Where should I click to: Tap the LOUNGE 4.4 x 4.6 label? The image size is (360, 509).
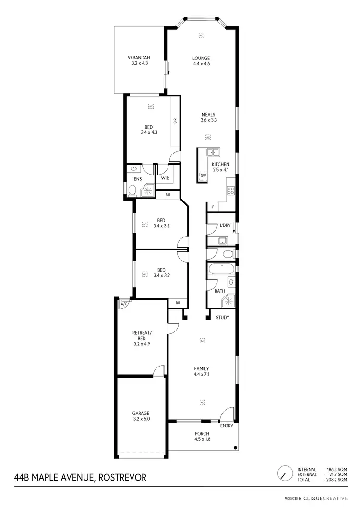[x=202, y=61]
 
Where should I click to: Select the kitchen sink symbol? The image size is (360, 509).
[x=213, y=153]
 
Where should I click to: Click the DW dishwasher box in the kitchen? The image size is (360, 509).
[x=203, y=176]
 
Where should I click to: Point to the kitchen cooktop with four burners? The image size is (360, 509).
[x=230, y=190]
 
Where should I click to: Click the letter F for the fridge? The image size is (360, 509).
[x=212, y=207]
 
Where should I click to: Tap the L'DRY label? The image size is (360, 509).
[x=225, y=225]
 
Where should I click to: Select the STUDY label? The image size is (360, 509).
[x=222, y=318]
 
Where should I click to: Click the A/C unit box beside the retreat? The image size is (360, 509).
[x=124, y=304]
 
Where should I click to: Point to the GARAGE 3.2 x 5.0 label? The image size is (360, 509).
[x=141, y=416]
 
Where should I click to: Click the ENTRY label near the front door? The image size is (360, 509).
[x=226, y=426]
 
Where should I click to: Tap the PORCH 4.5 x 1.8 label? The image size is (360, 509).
[x=202, y=437]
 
